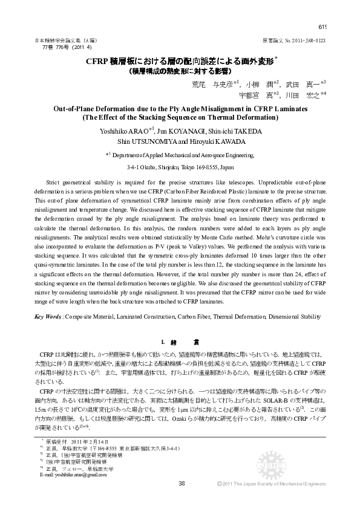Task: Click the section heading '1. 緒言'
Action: coord(179,342)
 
